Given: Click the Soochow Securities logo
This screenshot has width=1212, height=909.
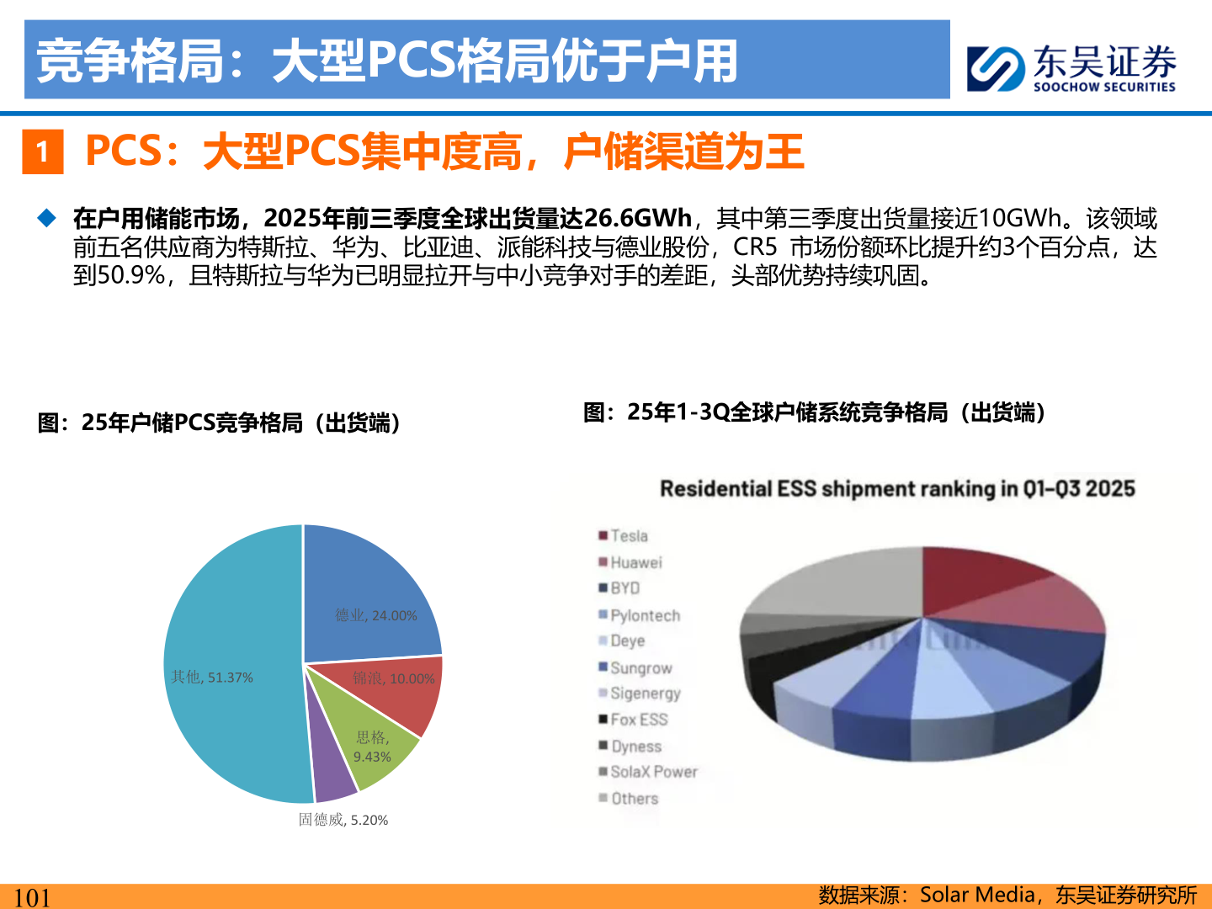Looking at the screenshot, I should click(x=1071, y=67).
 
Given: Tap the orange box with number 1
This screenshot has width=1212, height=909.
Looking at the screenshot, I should click(x=42, y=152).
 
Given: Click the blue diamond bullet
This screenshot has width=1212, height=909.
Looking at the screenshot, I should click(x=47, y=219).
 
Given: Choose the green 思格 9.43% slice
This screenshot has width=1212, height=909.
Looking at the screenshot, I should click(x=375, y=745).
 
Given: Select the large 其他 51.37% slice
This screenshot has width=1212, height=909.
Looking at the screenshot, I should click(x=227, y=673).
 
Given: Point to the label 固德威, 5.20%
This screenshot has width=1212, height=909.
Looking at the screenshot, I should click(x=343, y=820).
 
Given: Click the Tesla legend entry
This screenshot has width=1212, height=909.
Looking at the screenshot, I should click(x=628, y=536).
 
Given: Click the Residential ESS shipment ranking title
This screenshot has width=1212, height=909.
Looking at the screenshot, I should click(x=897, y=489).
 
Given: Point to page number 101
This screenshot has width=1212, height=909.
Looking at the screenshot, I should click(x=32, y=897).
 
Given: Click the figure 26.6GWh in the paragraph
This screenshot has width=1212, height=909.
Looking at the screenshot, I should click(x=637, y=219).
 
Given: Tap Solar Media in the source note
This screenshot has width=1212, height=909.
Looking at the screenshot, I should click(x=976, y=895).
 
